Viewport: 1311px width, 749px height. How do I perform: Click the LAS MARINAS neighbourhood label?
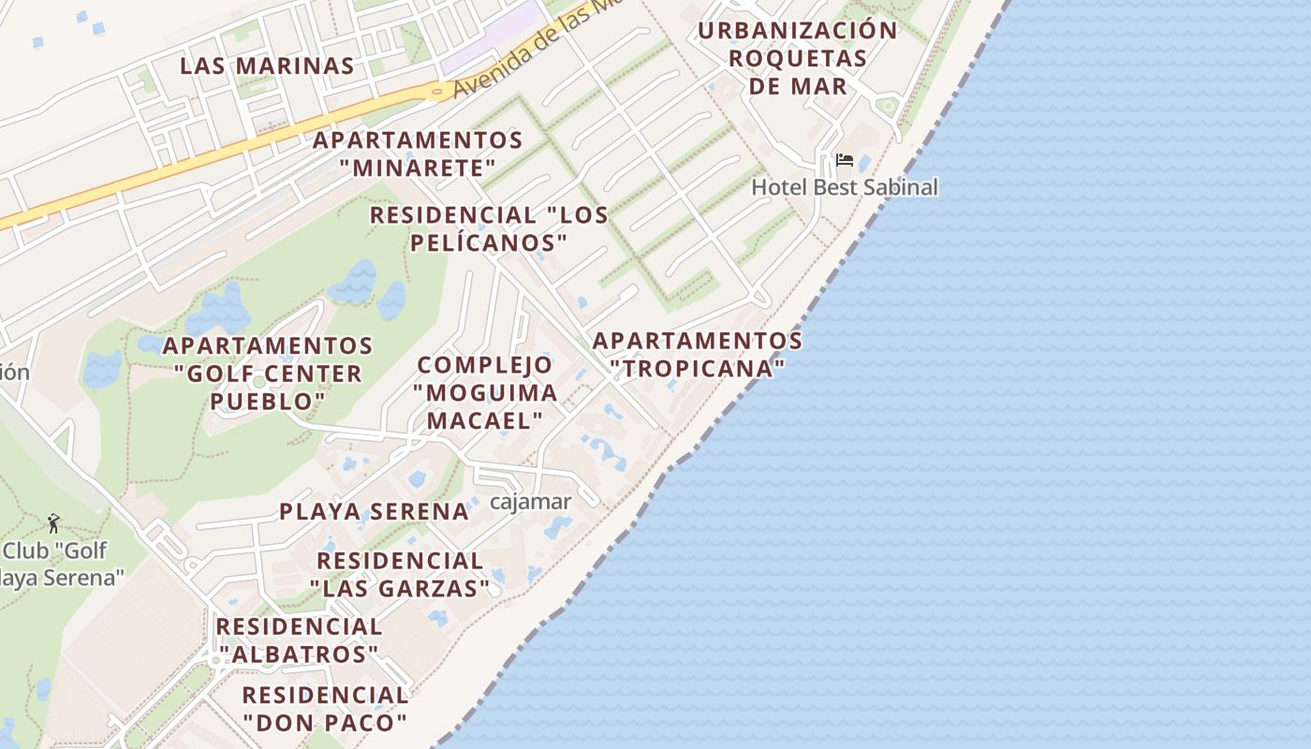[267, 66]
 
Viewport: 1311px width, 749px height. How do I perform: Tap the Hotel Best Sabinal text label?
[844, 187]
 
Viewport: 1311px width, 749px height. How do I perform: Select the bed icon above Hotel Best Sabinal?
[844, 160]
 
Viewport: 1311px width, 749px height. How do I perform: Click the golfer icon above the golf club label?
[53, 523]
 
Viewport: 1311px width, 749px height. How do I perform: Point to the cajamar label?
[530, 502]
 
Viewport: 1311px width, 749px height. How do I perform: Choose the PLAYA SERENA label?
[374, 511]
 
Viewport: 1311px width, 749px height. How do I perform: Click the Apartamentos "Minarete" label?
[418, 154]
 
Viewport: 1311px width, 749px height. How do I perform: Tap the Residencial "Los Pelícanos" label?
[489, 228]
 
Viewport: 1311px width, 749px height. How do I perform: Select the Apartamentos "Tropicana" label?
[697, 354]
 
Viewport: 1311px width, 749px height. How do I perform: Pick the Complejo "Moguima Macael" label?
[486, 392]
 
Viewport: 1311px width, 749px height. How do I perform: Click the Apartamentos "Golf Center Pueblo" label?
[268, 374]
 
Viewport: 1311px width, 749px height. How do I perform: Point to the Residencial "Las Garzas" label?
[400, 575]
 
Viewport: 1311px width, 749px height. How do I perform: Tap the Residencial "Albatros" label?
[300, 639]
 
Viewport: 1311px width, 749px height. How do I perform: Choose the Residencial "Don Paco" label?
[325, 709]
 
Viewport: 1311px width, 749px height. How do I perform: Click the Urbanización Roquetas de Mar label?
[798, 58]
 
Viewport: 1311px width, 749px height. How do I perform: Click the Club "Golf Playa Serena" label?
[60, 564]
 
